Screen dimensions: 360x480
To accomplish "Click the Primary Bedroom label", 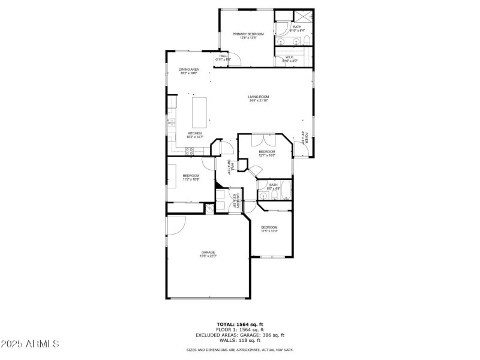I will (248, 34).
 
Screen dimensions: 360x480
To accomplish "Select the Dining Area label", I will (188, 70).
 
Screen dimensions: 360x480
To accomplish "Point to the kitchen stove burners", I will (189, 152).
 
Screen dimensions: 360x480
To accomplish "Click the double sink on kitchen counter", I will (171, 124).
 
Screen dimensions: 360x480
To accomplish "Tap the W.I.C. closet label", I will (289, 58).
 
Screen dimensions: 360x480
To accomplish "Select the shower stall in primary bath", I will (302, 16).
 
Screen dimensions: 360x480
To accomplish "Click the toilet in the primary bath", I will (306, 41).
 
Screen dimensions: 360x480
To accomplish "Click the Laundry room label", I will (239, 199).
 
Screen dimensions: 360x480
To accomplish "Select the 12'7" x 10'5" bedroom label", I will (267, 152).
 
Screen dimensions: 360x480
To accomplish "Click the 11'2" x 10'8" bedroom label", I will (191, 176).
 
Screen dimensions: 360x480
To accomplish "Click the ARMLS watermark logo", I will (30, 344).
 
